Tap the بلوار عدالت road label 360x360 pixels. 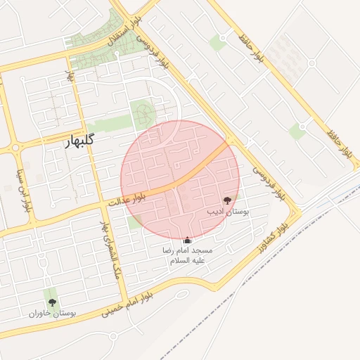pos(127,200)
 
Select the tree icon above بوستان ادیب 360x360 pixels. pos(226,200)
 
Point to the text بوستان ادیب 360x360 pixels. pos(226,210)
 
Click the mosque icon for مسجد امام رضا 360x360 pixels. pos(186,240)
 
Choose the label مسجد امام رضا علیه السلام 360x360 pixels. pos(186,255)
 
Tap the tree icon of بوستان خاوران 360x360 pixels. pos(52,302)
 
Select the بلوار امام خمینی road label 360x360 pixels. pos(127,304)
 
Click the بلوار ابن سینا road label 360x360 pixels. pos(22,190)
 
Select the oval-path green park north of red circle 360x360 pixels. pos(143,112)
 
